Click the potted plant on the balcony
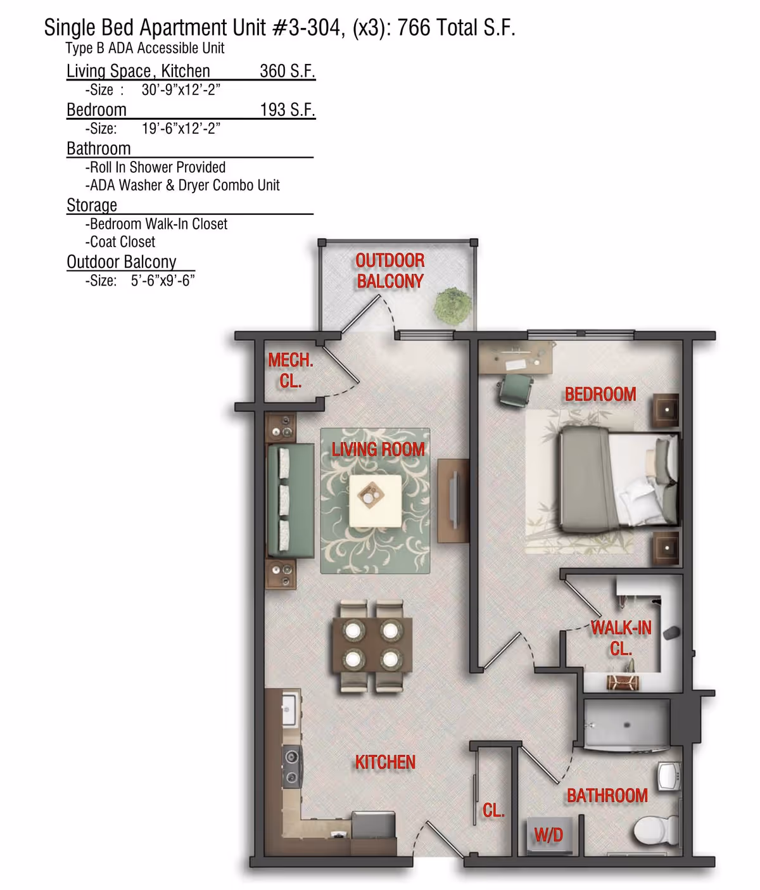452,305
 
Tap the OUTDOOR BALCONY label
389,271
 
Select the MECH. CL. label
290,371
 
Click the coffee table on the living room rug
375,500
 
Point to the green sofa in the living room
290,501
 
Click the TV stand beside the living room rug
453,500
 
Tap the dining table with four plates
372,646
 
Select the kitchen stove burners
291,766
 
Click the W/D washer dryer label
548,836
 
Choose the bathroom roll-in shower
626,724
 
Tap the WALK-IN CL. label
621,638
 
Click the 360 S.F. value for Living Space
287,71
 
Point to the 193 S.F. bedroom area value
287,110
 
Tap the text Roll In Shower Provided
157,167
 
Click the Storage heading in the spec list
92,205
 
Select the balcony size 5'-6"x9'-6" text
162,281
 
